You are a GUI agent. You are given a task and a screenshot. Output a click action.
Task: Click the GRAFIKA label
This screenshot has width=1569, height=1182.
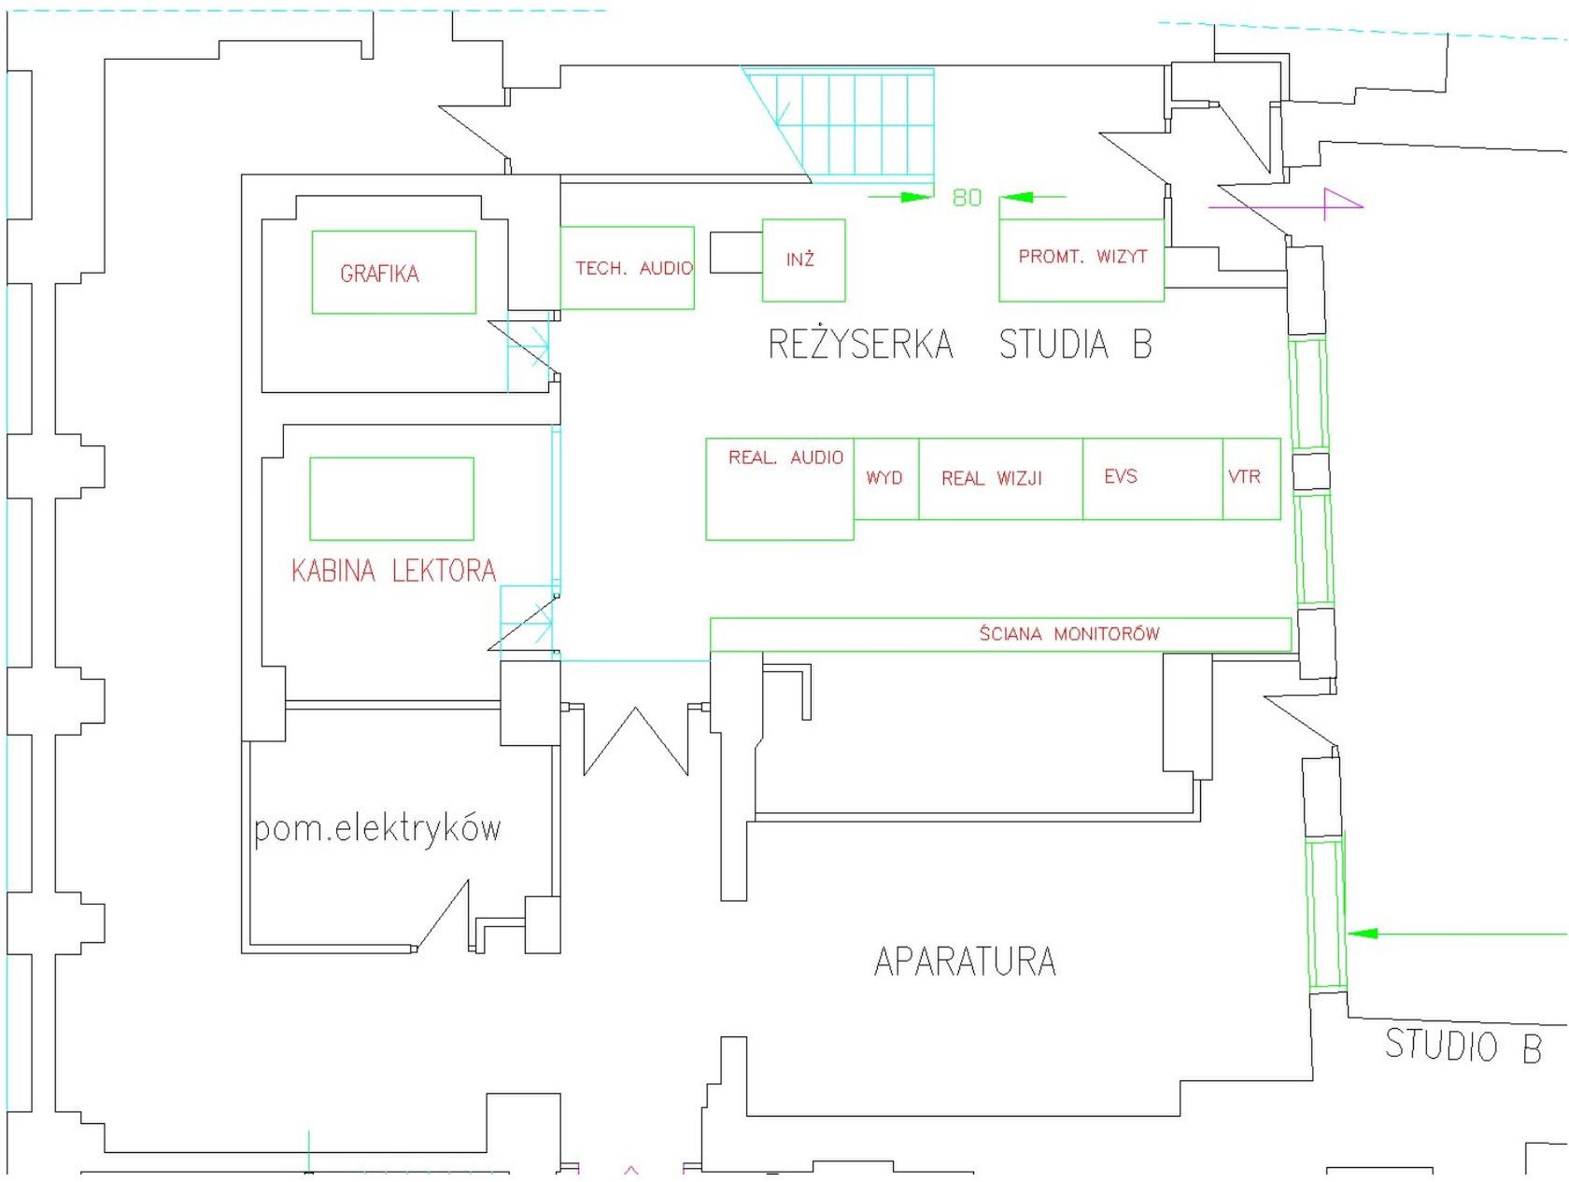click(x=379, y=274)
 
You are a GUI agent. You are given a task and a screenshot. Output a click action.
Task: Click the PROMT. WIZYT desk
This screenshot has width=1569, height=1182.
click(x=1081, y=257)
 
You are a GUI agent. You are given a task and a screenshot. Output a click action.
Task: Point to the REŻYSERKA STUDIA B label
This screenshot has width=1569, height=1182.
click(x=959, y=345)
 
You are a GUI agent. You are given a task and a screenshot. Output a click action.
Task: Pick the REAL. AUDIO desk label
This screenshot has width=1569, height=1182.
click(x=785, y=457)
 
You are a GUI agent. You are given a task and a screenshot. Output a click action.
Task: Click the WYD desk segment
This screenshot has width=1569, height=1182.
click(x=885, y=478)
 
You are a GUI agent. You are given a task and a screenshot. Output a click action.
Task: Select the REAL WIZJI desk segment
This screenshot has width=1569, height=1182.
click(x=992, y=478)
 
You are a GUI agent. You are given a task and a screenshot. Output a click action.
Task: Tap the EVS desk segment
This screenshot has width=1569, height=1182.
click(x=1121, y=476)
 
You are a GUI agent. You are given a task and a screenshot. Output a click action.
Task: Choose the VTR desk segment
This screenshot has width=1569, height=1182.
click(x=1245, y=476)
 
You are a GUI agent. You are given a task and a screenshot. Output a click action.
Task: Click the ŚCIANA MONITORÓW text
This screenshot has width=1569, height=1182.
click(x=1069, y=634)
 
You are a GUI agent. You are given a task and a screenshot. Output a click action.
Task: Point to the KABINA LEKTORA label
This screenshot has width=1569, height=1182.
click(x=393, y=570)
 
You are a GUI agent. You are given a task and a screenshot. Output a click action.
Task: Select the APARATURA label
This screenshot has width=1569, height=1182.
click(x=965, y=962)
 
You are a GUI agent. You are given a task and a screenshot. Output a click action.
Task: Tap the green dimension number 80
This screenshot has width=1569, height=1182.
click(x=967, y=197)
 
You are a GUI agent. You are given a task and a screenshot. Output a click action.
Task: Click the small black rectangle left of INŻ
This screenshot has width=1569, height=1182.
click(x=736, y=252)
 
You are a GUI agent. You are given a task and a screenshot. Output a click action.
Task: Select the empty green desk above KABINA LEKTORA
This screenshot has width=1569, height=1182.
click(x=391, y=499)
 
